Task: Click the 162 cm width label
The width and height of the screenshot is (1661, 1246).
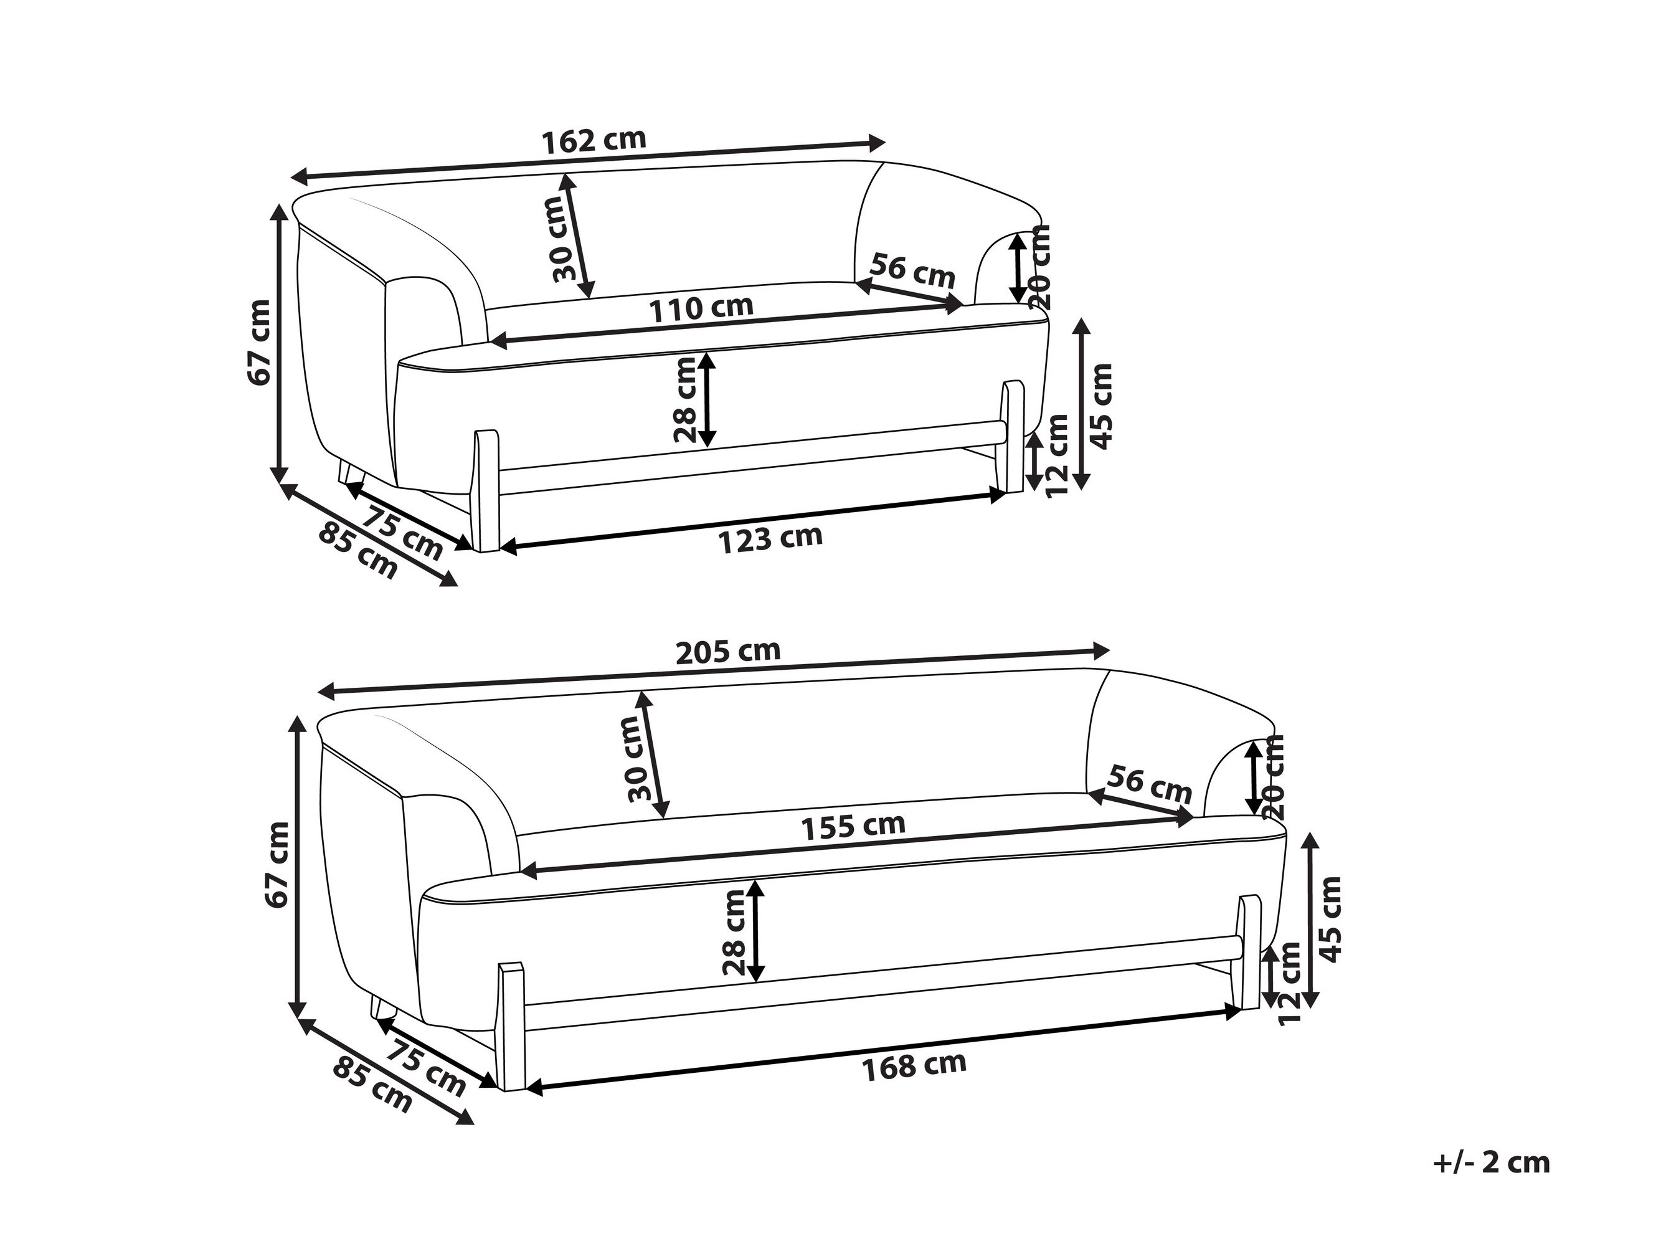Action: [593, 140]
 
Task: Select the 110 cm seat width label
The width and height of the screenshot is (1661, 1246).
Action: [701, 308]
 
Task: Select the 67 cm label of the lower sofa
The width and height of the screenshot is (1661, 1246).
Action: [277, 865]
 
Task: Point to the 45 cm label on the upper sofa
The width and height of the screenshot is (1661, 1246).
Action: [1101, 406]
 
